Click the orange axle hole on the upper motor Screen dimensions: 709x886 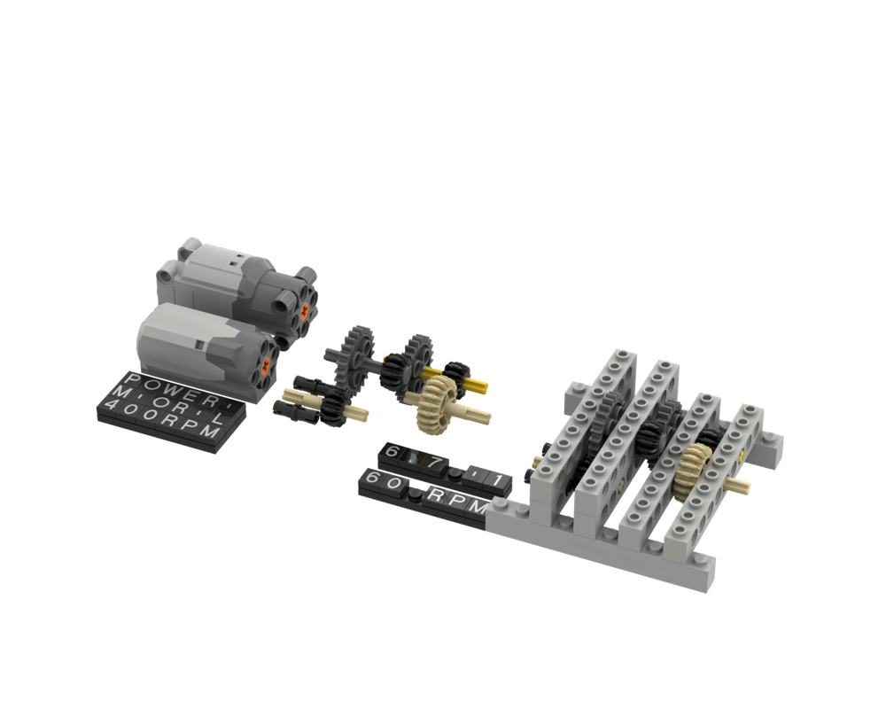tap(306, 308)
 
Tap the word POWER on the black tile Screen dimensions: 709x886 tap(174, 384)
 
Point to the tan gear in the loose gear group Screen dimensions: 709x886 tap(436, 395)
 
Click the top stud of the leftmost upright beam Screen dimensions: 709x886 tap(620, 356)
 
